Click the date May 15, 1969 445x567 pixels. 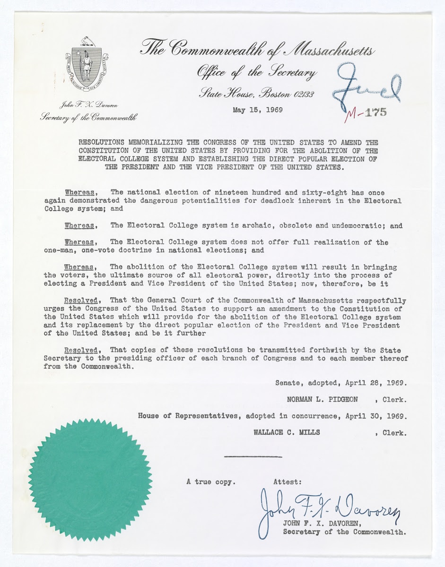point(257,110)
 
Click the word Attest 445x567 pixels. point(288,482)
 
